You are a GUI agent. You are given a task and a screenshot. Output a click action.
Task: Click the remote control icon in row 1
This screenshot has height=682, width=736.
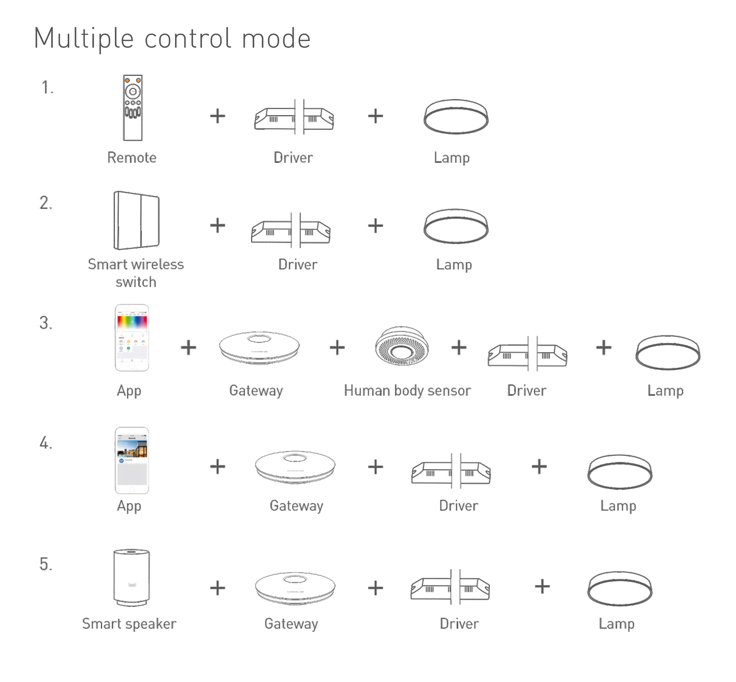coord(132,108)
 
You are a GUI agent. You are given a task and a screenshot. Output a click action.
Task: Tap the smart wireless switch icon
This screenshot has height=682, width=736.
coord(137,220)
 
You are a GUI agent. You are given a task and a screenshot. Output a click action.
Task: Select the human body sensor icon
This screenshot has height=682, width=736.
coord(401,346)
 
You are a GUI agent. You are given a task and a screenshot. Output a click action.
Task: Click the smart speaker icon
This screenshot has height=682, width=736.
coord(132,577)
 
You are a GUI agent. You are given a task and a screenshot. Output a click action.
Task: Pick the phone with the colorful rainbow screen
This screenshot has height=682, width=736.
coord(132,337)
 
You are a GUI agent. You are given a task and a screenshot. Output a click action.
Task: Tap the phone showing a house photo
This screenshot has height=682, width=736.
coord(132,460)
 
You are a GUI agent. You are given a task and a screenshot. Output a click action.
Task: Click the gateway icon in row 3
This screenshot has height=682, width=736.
coord(259,348)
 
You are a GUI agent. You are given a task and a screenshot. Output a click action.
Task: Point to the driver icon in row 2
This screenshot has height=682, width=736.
coord(291,231)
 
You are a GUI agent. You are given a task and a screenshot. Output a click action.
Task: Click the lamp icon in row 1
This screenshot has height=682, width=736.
coord(456,117)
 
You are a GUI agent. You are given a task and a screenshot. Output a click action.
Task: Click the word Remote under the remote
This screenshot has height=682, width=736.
coord(132,158)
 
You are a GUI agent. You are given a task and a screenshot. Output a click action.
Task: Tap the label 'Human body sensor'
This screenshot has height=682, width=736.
coord(407,390)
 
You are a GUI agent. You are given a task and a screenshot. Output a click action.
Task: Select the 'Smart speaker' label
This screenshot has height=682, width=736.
coord(129,624)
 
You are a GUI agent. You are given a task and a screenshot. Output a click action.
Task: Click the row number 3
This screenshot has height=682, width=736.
coord(46,323)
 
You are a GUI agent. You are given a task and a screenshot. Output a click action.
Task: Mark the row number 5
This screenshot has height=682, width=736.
coord(46,564)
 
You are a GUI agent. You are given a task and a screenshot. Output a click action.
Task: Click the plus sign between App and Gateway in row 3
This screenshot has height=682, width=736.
coord(188,348)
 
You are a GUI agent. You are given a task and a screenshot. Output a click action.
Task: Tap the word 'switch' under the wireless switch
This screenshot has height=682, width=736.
coord(136,282)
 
